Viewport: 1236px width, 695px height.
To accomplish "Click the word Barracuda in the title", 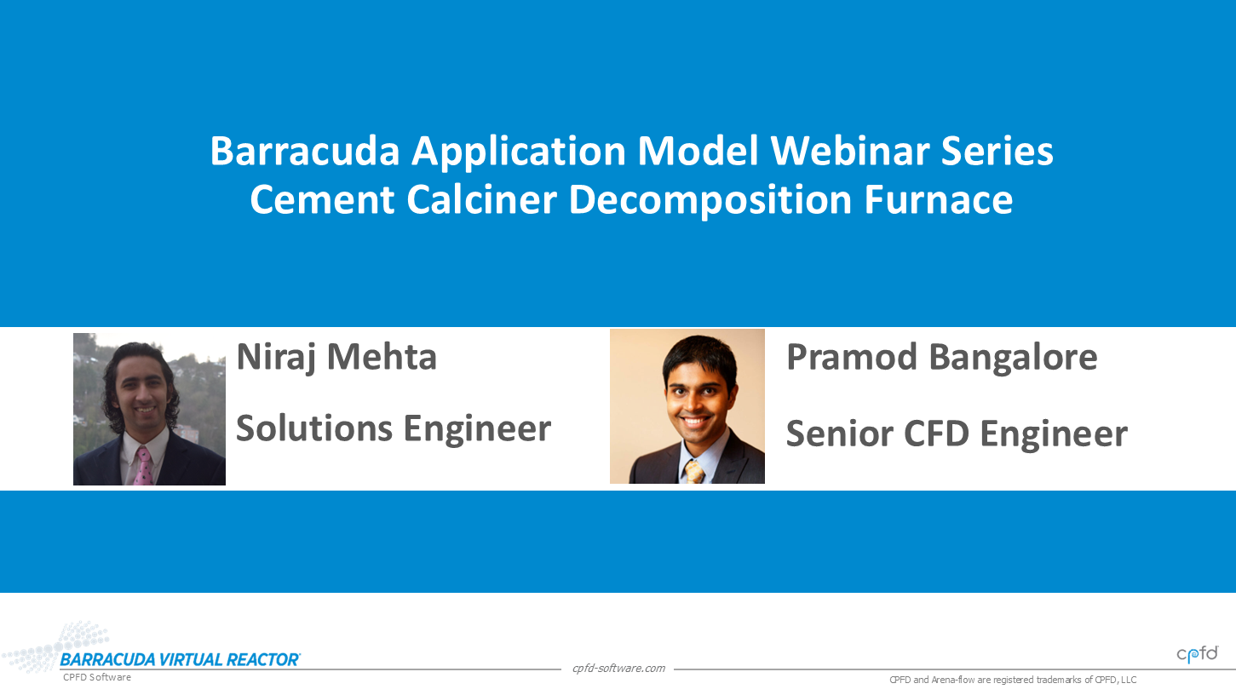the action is point(305,151).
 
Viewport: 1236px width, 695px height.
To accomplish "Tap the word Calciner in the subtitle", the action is point(482,199).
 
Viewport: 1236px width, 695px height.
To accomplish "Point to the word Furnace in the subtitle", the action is point(938,199).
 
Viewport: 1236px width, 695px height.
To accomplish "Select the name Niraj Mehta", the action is point(336,358).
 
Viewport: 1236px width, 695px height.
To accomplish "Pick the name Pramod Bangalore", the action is point(942,358).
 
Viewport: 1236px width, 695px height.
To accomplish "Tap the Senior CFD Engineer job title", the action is point(957,434).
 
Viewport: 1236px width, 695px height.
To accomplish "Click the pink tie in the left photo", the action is point(145,467).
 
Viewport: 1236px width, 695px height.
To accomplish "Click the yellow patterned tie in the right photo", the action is point(693,472).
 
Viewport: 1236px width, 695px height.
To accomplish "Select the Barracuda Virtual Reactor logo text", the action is point(180,660).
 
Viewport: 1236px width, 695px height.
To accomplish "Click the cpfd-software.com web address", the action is point(618,669).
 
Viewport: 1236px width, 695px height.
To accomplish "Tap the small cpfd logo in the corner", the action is point(1197,654).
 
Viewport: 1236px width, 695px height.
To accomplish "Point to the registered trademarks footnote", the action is point(1013,681).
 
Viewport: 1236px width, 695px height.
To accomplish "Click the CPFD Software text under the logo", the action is point(97,677).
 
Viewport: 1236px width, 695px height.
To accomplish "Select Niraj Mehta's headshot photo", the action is point(150,410).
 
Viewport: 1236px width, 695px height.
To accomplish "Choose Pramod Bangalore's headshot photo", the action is point(687,406).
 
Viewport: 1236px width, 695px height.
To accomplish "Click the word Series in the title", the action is point(997,151).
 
